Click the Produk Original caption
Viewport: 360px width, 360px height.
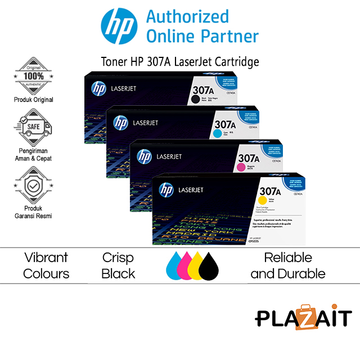point(34,100)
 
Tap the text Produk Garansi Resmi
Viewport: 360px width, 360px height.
point(34,211)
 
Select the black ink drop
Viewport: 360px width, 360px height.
point(209,267)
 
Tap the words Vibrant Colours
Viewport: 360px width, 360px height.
point(47,265)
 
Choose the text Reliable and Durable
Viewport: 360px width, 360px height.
point(288,265)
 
